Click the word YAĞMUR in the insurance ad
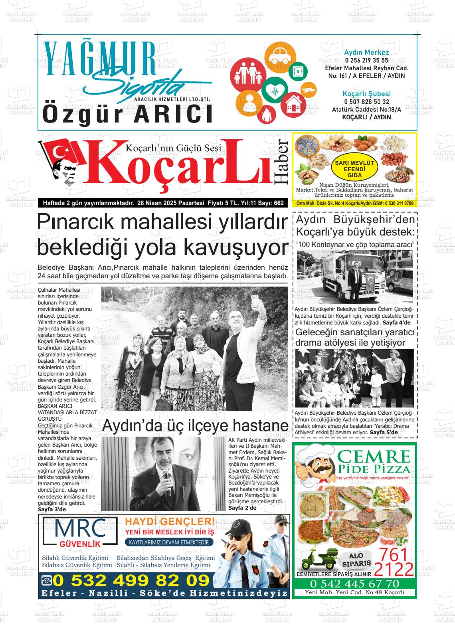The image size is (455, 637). pyautogui.click(x=100, y=59)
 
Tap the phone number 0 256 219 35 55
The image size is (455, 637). pyautogui.click(x=366, y=60)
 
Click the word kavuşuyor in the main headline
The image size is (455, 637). pyautogui.click(x=235, y=248)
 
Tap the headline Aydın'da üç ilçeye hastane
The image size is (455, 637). pyautogui.click(x=195, y=425)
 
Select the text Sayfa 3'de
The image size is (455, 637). pyautogui.click(x=51, y=510)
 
